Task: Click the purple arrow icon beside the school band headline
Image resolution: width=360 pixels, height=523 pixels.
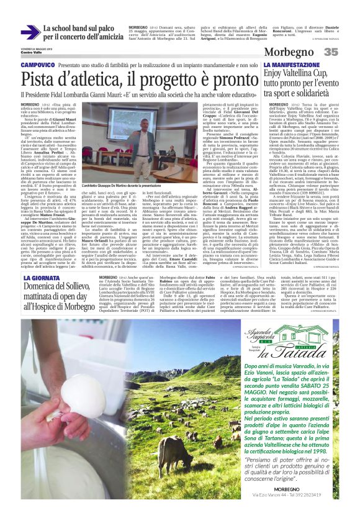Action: [30, 33]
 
